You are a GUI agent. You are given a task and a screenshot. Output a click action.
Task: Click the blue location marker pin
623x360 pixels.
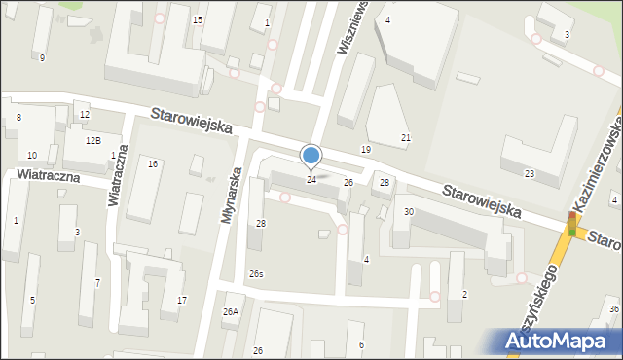pyautogui.click(x=311, y=156)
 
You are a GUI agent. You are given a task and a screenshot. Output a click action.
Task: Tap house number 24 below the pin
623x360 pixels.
pyautogui.click(x=311, y=180)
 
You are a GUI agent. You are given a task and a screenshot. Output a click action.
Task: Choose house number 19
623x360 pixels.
pyautogui.click(x=365, y=149)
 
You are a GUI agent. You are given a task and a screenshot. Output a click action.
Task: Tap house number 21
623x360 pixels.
pyautogui.click(x=406, y=138)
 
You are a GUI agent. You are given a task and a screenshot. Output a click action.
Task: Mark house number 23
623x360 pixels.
pyautogui.click(x=530, y=173)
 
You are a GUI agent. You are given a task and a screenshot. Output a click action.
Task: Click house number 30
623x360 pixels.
pyautogui.click(x=409, y=212)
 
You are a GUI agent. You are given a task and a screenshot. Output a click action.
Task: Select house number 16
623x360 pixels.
pyautogui.click(x=153, y=163)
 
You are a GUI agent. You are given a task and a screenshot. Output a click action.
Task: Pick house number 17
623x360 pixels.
pyautogui.click(x=182, y=299)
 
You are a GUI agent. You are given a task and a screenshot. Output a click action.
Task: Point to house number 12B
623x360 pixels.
pyautogui.click(x=92, y=141)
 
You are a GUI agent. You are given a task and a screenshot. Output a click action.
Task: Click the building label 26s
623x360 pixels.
pyautogui.click(x=256, y=274)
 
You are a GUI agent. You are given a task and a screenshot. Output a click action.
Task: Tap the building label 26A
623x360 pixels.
pyautogui.click(x=230, y=312)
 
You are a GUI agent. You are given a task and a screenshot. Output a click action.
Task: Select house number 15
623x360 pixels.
pyautogui.click(x=198, y=20)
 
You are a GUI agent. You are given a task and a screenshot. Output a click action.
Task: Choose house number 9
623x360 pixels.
pyautogui.click(x=42, y=58)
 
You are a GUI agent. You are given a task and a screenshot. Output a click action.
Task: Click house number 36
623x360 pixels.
pyautogui.click(x=613, y=309)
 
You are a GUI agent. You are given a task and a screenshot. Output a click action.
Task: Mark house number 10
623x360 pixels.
pyautogui.click(x=32, y=156)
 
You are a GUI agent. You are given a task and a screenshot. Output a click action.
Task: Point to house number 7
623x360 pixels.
pyautogui.click(x=96, y=283)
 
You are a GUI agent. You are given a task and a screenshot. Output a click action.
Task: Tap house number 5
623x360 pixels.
pyautogui.click(x=32, y=300)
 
